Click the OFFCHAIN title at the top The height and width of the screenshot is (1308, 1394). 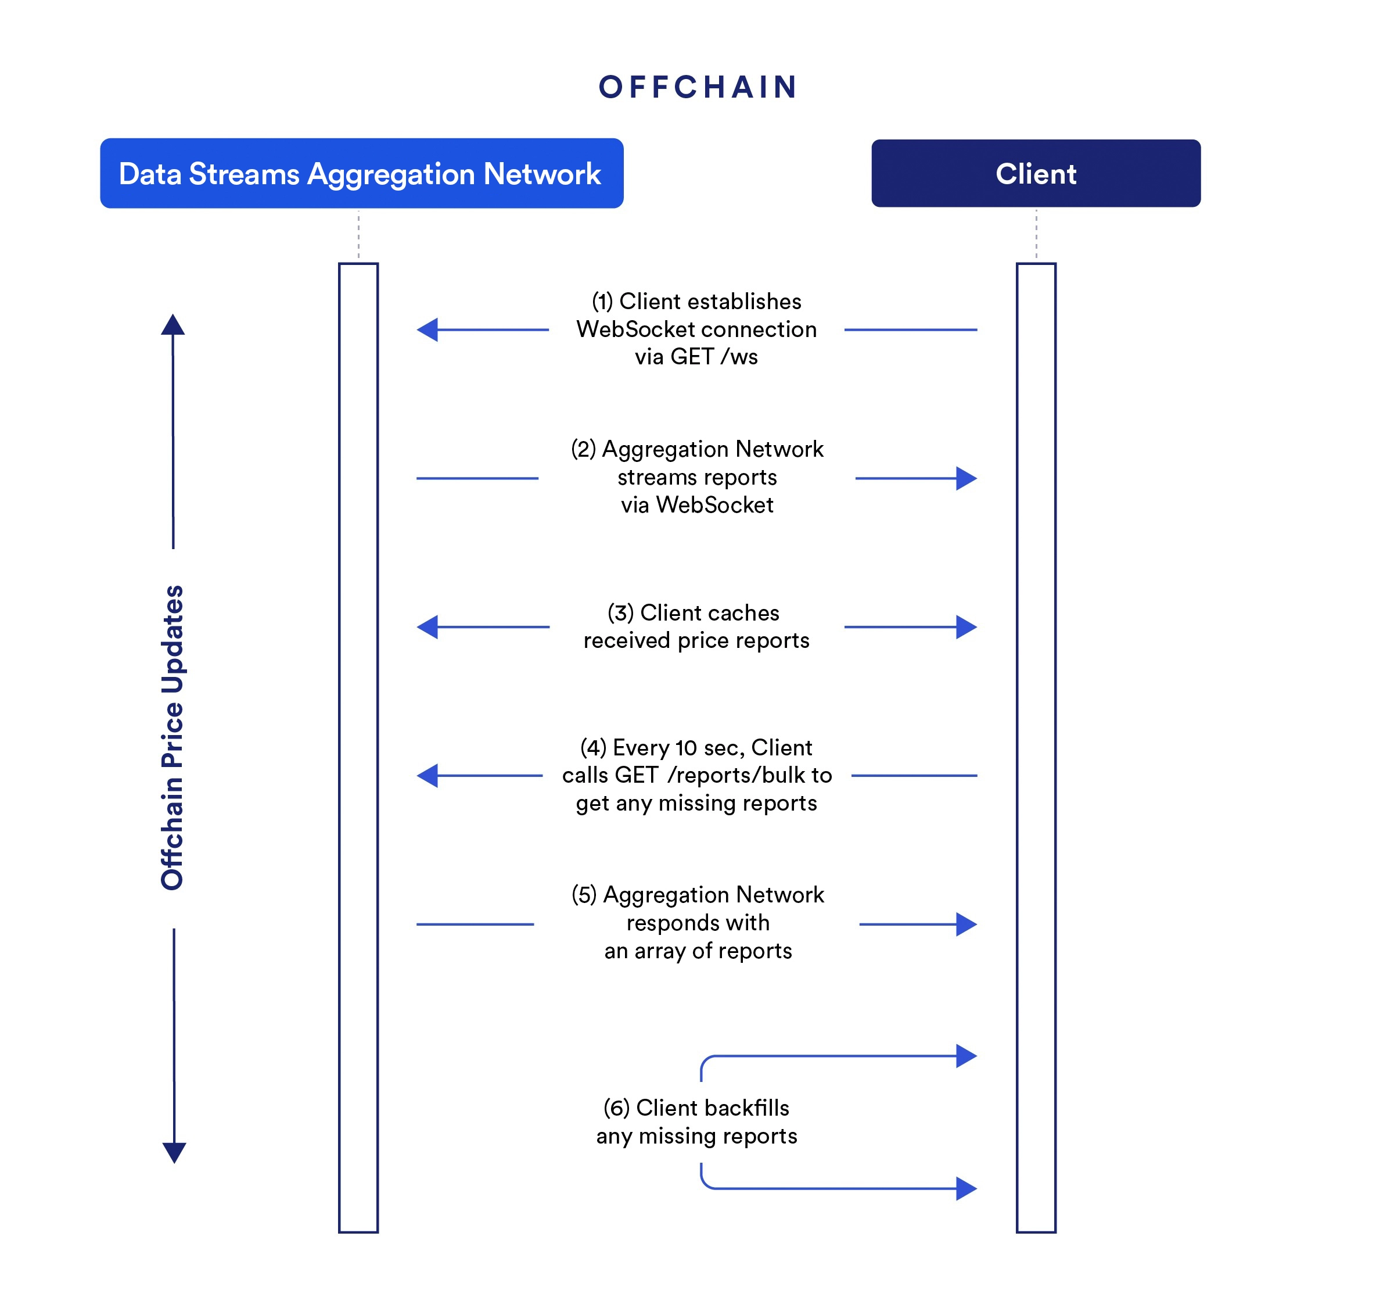pyautogui.click(x=698, y=88)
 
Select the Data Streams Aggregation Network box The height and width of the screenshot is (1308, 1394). pyautogui.click(x=361, y=173)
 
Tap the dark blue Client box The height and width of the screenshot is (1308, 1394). pyautogui.click(x=1035, y=173)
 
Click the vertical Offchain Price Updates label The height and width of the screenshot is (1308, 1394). pyautogui.click(x=173, y=737)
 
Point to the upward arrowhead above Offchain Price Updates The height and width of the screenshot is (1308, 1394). pyautogui.click(x=173, y=325)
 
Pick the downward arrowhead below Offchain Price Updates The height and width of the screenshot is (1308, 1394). pyautogui.click(x=174, y=1152)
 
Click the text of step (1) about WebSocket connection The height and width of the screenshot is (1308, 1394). pyautogui.click(x=696, y=329)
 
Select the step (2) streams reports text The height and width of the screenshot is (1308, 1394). pyautogui.click(x=697, y=477)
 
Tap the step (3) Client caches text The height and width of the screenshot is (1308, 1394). pyautogui.click(x=696, y=626)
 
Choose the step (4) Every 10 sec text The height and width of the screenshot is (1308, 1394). pyautogui.click(x=696, y=775)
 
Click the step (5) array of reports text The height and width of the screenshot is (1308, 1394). pyautogui.click(x=698, y=923)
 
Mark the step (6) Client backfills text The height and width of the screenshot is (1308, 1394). pyautogui.click(x=696, y=1121)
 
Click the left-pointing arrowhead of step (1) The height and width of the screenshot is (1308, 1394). pyautogui.click(x=427, y=329)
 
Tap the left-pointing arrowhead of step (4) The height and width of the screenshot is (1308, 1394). pyautogui.click(x=427, y=776)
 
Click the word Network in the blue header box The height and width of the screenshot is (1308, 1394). pyautogui.click(x=542, y=173)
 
